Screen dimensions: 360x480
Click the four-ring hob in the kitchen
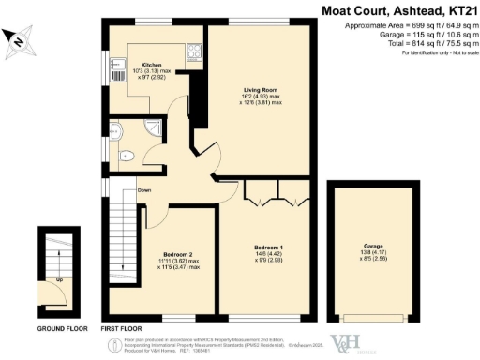point(194,51)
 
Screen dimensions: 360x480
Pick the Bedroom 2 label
point(177,254)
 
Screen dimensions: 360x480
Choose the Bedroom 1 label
point(267,247)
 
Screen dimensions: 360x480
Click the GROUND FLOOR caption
point(61,329)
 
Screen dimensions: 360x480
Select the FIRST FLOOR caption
point(123,329)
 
